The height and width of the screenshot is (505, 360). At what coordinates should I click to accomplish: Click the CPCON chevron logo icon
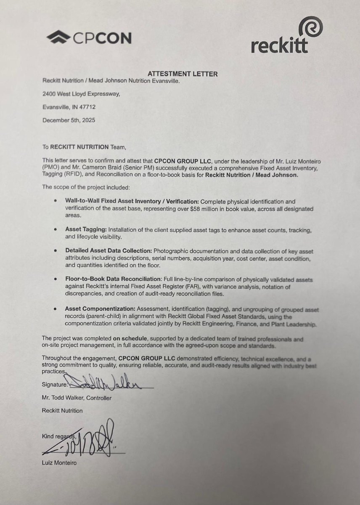coord(58,38)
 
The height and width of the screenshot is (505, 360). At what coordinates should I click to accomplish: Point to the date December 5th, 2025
coord(69,120)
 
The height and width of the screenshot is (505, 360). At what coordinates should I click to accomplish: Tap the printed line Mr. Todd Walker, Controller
coord(77,398)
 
